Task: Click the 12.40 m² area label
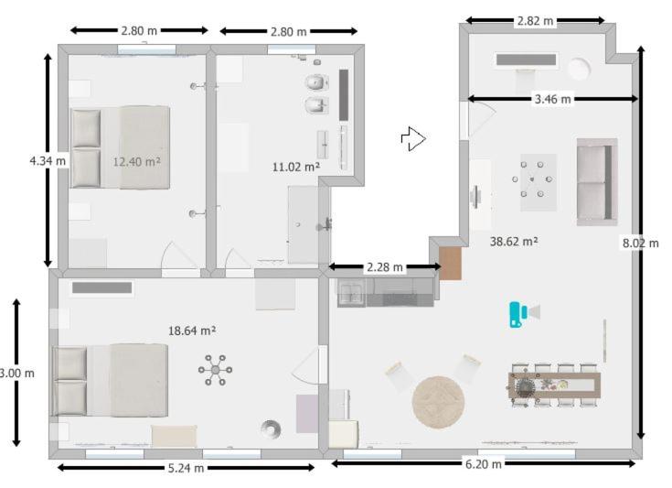137,162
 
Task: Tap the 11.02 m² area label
296,167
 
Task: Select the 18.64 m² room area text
192,331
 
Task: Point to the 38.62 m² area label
514,241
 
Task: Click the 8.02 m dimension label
641,244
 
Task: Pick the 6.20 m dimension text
484,464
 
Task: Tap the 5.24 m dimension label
186,468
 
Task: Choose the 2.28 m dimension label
385,267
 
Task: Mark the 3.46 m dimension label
553,99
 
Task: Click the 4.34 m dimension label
48,161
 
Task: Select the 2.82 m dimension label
535,21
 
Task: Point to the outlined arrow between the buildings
413,138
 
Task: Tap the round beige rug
438,402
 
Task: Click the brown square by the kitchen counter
451,265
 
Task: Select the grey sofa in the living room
597,181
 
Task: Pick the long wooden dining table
554,385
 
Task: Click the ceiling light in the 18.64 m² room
215,370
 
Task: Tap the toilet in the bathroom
316,82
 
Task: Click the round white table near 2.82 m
579,69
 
